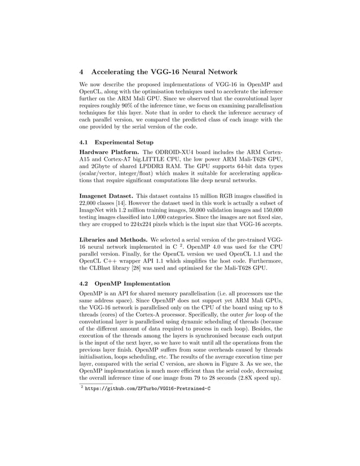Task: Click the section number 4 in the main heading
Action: pos(81,72)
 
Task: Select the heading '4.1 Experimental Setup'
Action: pos(116,143)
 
